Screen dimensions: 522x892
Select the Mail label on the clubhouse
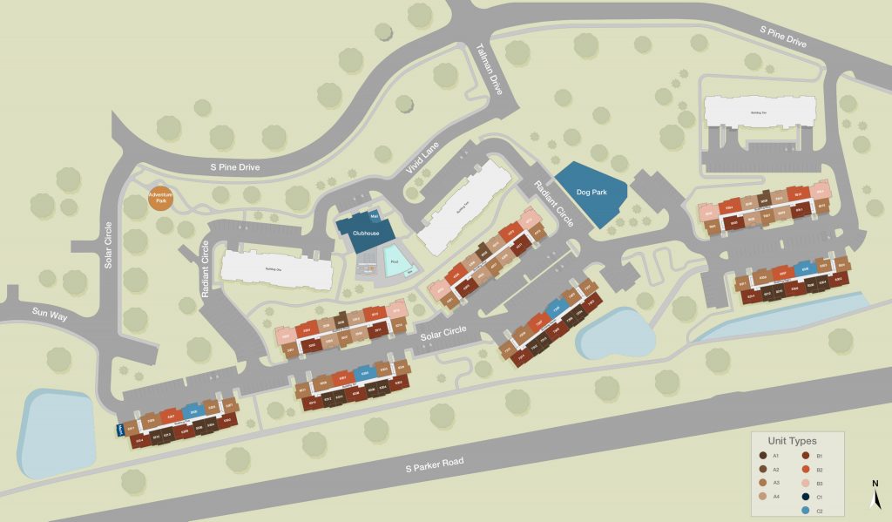click(x=375, y=214)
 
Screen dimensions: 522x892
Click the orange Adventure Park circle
click(x=159, y=198)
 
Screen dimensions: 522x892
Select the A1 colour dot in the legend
click(x=764, y=456)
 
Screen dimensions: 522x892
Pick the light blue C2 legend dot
click(x=807, y=510)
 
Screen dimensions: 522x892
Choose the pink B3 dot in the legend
click(x=807, y=483)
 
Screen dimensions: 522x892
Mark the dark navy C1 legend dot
click(x=807, y=497)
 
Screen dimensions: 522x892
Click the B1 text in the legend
click(x=821, y=456)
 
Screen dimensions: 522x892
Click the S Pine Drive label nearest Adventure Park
click(x=235, y=167)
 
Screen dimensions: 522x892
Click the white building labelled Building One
click(x=276, y=270)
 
